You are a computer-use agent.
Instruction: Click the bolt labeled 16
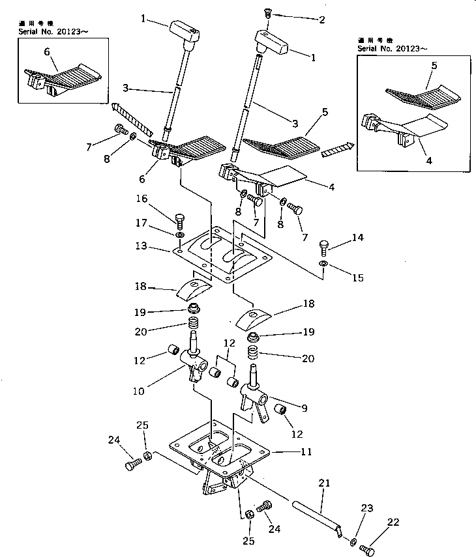(179, 220)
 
